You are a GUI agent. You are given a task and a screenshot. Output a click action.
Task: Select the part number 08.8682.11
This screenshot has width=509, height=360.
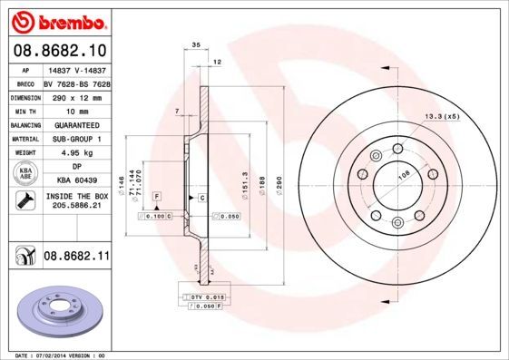coord(77,257)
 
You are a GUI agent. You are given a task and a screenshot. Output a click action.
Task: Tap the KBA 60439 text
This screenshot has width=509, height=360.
coord(76,181)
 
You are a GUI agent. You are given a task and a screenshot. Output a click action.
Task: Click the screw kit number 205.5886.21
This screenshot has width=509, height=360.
coord(76,207)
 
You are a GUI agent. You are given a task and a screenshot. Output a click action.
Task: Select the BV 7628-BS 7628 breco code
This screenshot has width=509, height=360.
coord(76,83)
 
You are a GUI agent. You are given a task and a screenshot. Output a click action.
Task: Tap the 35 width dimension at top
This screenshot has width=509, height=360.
coord(195,43)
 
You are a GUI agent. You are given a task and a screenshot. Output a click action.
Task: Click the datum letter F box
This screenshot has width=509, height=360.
coord(157,197)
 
